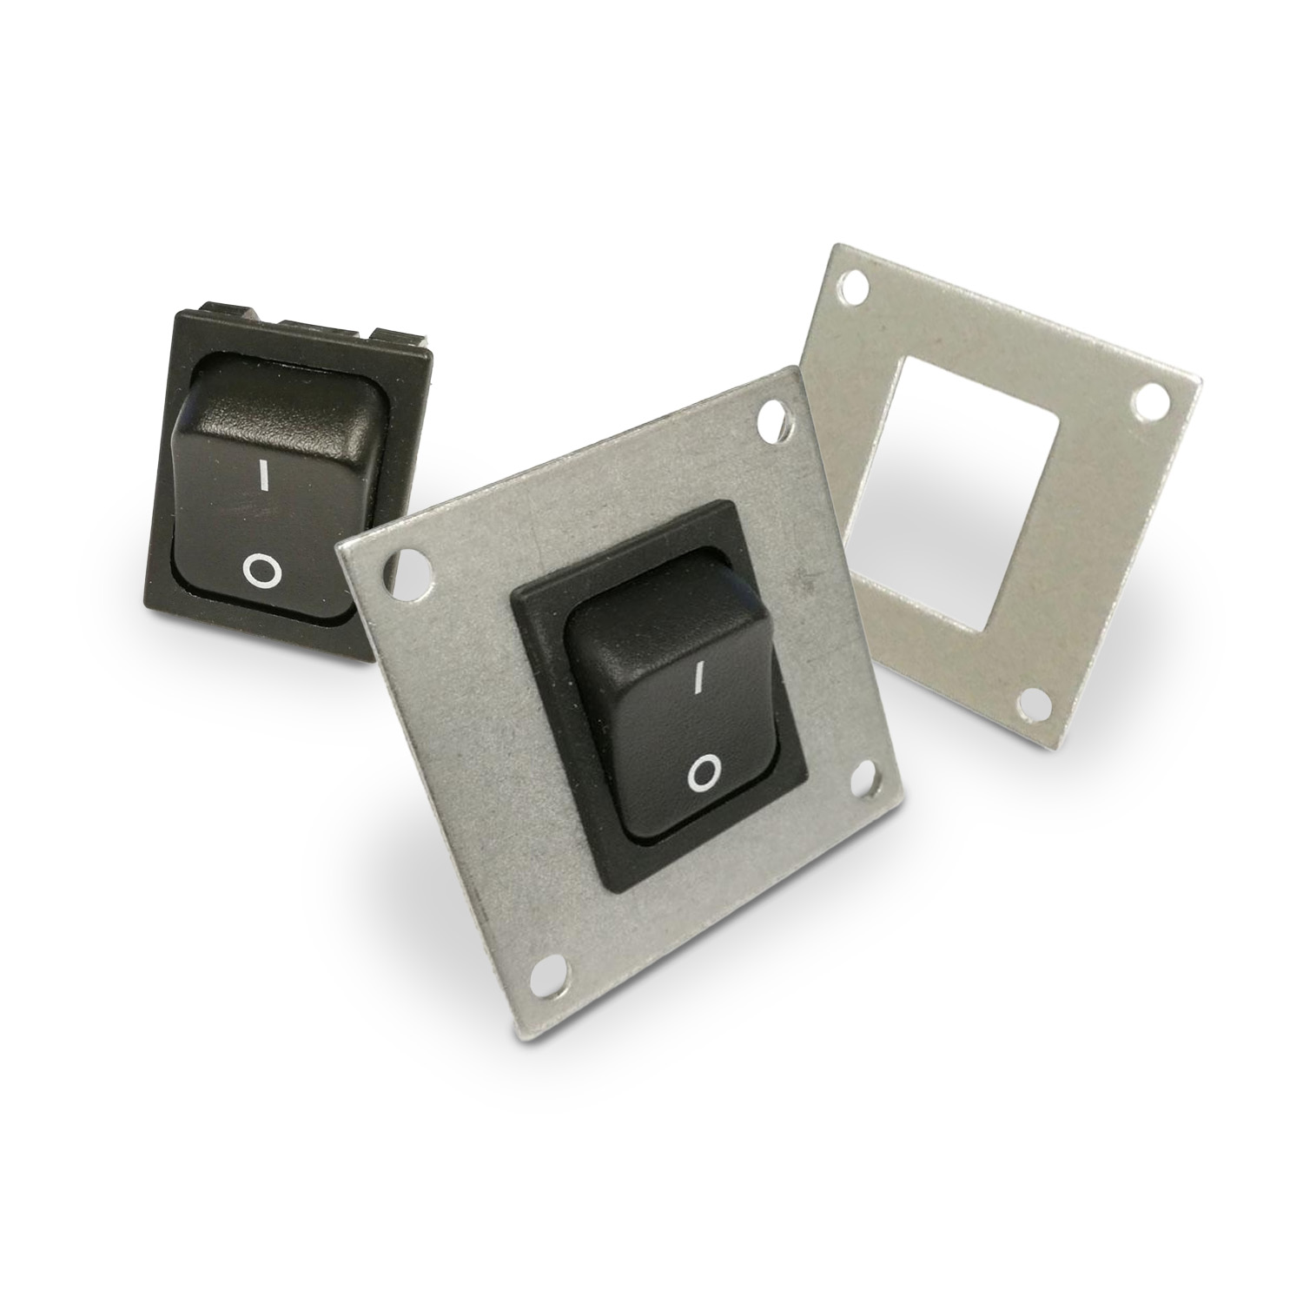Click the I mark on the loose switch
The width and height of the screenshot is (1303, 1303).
tap(261, 477)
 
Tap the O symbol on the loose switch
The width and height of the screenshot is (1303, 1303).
tap(261, 570)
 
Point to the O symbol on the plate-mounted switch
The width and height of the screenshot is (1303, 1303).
tap(704, 772)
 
